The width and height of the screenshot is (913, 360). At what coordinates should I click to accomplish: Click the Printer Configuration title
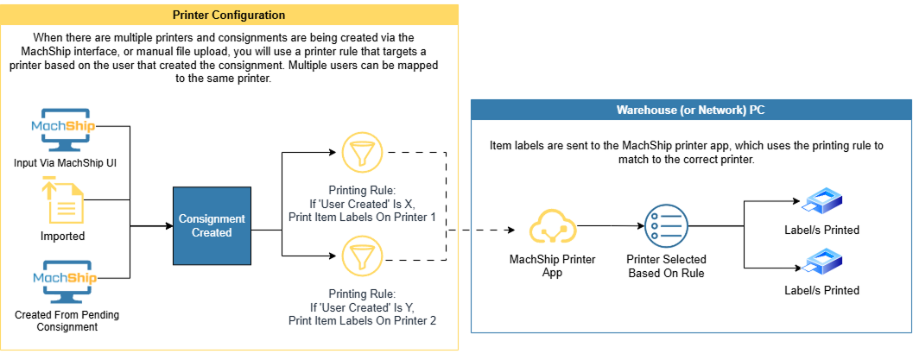(x=229, y=15)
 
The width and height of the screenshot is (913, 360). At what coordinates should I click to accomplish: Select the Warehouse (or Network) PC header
(x=690, y=111)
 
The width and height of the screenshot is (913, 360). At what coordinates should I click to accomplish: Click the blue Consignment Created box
(x=212, y=226)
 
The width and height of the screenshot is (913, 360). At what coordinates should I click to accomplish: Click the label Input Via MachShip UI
(x=65, y=163)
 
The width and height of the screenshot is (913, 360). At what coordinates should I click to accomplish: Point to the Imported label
(x=65, y=236)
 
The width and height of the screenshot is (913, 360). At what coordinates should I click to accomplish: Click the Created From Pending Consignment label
(x=67, y=321)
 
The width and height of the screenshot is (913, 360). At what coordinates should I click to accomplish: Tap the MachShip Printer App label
(x=552, y=266)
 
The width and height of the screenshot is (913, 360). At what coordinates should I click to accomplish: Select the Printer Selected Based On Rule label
(x=666, y=266)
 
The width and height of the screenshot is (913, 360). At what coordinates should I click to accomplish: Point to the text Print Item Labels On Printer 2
(x=362, y=321)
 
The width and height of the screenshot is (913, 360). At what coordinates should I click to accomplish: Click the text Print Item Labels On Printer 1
(x=362, y=216)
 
